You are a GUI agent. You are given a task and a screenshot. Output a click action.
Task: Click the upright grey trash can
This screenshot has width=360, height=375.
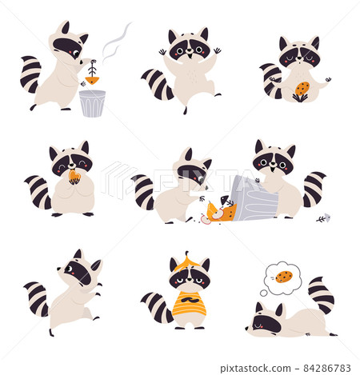point(92,103)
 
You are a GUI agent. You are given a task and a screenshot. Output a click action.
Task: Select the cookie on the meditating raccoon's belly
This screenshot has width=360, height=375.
point(302,89)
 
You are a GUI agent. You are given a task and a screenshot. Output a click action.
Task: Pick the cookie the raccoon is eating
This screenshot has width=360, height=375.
point(74,176)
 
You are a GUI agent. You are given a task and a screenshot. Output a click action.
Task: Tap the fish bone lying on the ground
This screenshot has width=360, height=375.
point(321,217)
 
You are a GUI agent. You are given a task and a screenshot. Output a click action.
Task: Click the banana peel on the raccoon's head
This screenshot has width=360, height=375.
point(190,260)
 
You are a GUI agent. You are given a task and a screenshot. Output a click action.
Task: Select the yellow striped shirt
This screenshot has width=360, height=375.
point(190,305)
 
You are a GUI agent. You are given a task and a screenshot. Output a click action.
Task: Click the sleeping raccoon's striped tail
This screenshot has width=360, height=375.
point(322,293)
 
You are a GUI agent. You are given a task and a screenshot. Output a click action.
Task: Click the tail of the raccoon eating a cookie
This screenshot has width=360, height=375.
point(38,191)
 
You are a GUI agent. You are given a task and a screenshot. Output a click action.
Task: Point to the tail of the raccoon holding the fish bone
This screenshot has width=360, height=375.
point(30,74)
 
